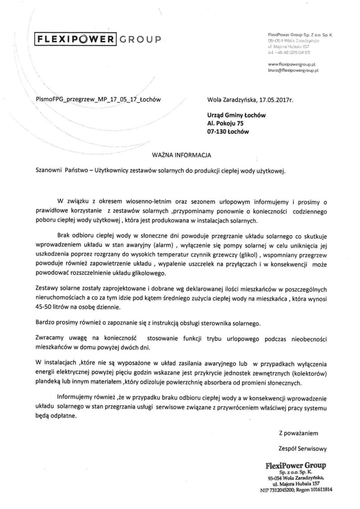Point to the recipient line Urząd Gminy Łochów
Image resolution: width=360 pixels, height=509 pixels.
pos(236,115)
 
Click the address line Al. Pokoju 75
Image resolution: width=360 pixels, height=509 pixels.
pos(225,124)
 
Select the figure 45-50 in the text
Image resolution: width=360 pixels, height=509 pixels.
pos(45,307)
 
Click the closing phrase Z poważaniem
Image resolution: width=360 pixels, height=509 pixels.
pos(298,433)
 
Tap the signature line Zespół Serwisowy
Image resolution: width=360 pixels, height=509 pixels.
pos(302,448)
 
